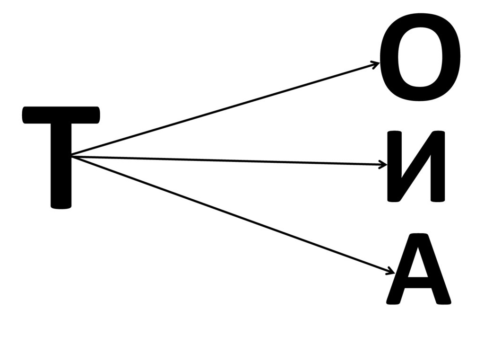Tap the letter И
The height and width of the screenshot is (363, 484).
point(415,166)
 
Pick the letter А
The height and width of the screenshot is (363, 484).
point(418,270)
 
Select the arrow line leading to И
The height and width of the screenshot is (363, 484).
point(227,160)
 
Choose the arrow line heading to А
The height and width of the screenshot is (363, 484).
point(232,214)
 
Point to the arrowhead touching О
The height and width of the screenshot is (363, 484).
point(376,63)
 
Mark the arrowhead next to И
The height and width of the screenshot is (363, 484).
point(384,165)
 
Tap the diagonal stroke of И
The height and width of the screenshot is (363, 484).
point(415,166)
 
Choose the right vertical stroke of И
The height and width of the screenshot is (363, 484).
point(437,166)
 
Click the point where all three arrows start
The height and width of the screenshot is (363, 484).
point(72,156)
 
